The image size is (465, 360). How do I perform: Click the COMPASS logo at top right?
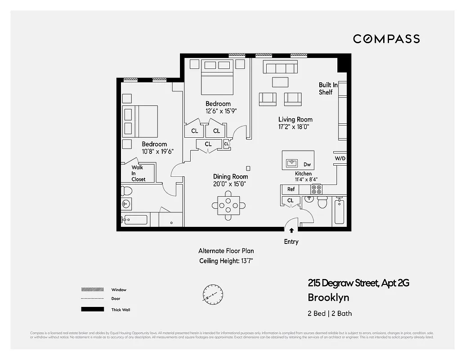pos(386,39)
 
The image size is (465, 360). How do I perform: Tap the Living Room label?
pos(295,119)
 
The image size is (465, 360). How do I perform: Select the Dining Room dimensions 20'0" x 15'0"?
pos(230,184)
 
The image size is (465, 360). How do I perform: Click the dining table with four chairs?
pos(228,206)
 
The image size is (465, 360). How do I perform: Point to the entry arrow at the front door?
pos(291,230)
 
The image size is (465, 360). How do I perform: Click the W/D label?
pos(340,159)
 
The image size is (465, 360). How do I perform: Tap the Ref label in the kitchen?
pos(291,189)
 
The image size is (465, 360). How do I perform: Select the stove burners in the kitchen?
pos(317,189)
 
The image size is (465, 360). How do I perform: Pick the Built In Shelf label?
pos(328,88)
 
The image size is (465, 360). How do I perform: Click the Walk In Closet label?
pos(138,173)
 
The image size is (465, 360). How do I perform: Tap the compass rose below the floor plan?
pos(211,293)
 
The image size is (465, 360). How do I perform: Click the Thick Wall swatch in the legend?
pos(89,310)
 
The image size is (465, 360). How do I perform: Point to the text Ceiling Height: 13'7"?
pos(228,261)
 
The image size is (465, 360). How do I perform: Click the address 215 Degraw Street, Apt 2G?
pos(358,283)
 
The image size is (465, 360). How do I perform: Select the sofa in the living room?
pos(280,68)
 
